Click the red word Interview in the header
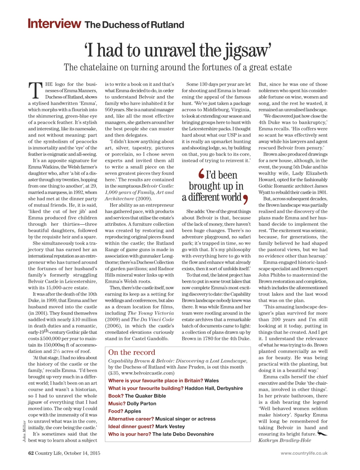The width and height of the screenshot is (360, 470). (x=54, y=24)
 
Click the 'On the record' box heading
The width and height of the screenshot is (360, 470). (x=132, y=352)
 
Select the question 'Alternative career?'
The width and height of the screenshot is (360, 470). (x=131, y=419)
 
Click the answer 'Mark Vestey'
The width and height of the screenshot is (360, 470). (x=170, y=427)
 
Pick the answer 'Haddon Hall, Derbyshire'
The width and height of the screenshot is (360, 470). (x=213, y=388)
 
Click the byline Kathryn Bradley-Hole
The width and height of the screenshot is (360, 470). (x=284, y=440)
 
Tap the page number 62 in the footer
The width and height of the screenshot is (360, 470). (x=31, y=453)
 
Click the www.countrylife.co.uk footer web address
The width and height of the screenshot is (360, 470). (x=304, y=453)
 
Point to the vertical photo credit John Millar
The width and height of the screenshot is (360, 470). (x=25, y=431)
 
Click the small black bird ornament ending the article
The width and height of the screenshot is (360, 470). (x=322, y=434)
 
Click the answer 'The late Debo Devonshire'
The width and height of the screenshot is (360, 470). (x=183, y=434)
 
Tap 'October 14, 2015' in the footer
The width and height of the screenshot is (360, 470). (x=82, y=453)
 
